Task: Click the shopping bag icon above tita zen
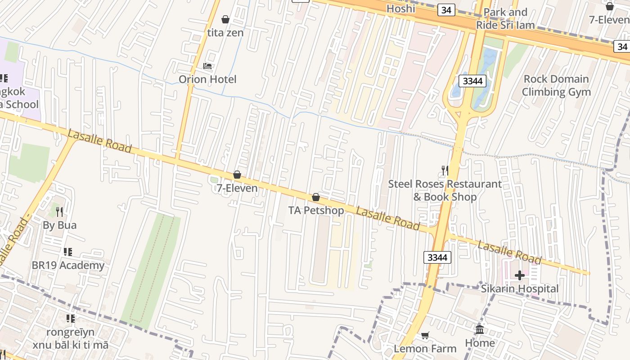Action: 225,19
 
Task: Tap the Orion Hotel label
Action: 207,80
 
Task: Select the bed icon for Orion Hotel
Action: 207,66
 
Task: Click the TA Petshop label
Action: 316,211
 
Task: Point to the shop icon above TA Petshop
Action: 316,197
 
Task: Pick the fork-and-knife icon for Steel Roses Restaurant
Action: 445,171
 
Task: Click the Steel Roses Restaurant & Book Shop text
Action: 445,190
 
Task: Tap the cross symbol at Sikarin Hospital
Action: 520,275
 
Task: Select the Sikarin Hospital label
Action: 520,288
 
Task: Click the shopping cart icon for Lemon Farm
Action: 425,335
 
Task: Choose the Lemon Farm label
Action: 425,348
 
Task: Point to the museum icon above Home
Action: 480,329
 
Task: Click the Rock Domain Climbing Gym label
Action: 556,85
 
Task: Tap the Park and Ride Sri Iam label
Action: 505,18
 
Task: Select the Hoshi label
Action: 400,9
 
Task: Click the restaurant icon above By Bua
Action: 59,211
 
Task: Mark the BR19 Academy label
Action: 68,265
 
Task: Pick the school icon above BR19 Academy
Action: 68,252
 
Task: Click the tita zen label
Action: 225,33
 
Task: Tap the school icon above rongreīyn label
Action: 71,319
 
